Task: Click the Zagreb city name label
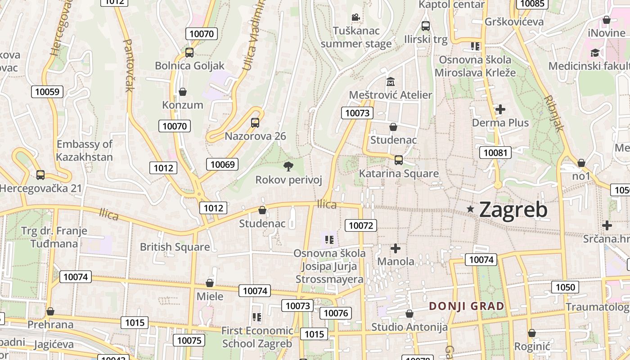click(x=513, y=210)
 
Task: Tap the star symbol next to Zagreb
click(x=471, y=209)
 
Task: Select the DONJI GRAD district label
click(x=466, y=306)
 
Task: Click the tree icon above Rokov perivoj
click(x=288, y=166)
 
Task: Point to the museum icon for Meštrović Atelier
click(x=390, y=82)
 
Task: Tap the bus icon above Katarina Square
click(x=398, y=160)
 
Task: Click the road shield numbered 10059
click(x=47, y=92)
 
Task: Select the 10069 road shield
click(x=222, y=164)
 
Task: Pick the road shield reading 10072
click(x=360, y=225)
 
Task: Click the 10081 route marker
click(x=495, y=153)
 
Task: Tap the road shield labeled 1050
click(x=565, y=287)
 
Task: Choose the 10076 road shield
click(x=336, y=313)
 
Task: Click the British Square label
click(x=175, y=247)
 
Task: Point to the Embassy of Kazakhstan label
click(x=84, y=150)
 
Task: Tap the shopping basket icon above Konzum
click(x=183, y=92)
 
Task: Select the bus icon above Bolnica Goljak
click(x=189, y=52)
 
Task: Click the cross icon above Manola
click(x=396, y=248)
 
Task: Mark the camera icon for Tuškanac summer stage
click(x=355, y=18)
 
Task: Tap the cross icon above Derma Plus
click(x=500, y=109)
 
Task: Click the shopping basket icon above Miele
click(x=209, y=283)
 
